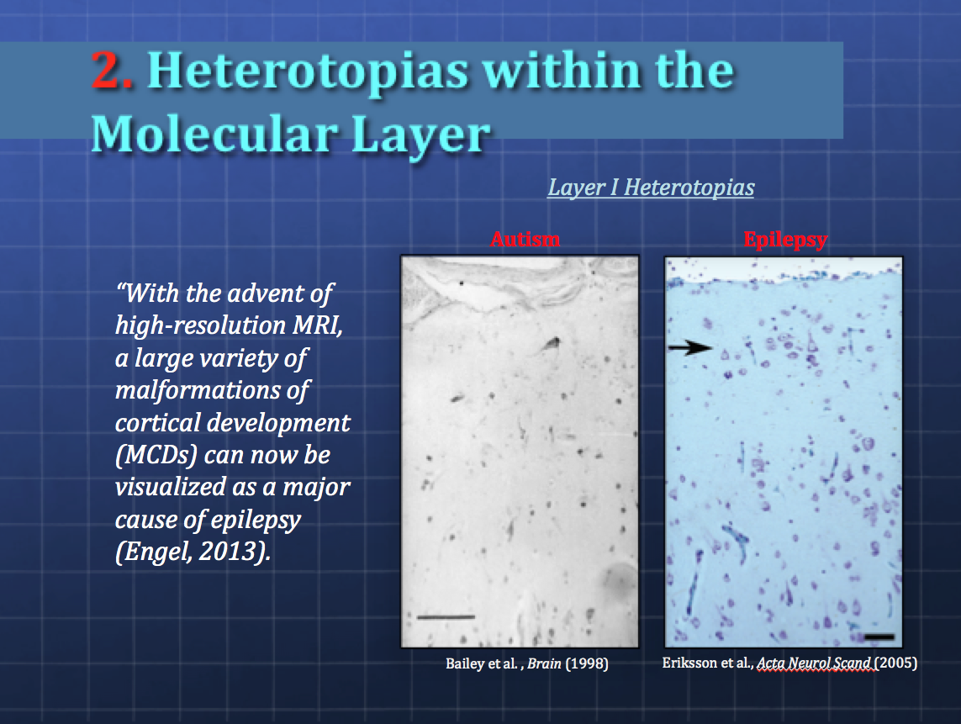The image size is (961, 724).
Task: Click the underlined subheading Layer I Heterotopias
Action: pyautogui.click(x=651, y=187)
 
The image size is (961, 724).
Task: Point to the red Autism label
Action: pyautogui.click(x=525, y=239)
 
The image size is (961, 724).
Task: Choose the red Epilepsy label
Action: pyautogui.click(x=786, y=239)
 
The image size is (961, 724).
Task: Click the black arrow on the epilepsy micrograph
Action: pyautogui.click(x=689, y=347)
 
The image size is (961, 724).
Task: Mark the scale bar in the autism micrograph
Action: pyautogui.click(x=446, y=616)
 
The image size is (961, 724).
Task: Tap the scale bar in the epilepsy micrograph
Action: pyautogui.click(x=879, y=637)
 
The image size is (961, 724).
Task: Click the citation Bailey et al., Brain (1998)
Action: pyautogui.click(x=527, y=663)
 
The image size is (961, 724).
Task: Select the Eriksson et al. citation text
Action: pyautogui.click(x=789, y=663)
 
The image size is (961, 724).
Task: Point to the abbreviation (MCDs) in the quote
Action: pyautogui.click(x=156, y=455)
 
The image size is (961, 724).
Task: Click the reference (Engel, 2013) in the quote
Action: pyautogui.click(x=193, y=552)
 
